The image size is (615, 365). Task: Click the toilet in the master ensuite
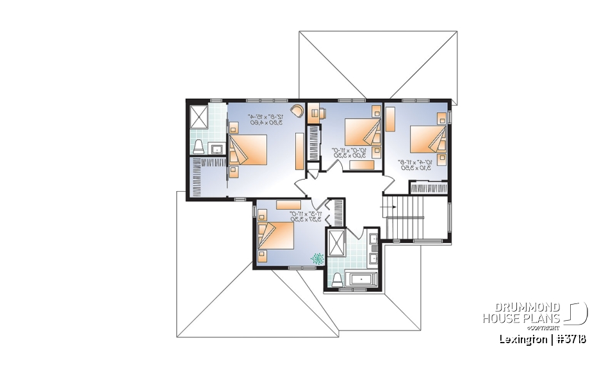198,146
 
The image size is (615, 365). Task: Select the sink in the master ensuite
217,149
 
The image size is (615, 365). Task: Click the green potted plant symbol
317,258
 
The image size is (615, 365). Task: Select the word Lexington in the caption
522,339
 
